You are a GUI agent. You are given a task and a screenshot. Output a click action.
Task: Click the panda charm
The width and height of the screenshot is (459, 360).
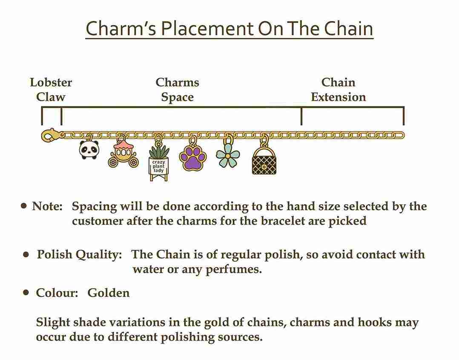coord(89,149)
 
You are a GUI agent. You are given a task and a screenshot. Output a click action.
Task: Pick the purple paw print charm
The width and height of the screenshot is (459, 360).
coord(193,158)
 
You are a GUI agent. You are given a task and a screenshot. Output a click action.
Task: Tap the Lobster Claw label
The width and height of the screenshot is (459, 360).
coord(51,89)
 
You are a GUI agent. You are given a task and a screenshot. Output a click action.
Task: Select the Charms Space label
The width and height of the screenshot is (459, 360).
coord(178,89)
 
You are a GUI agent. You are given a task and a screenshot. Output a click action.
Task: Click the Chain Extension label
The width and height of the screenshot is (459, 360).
coord(339,89)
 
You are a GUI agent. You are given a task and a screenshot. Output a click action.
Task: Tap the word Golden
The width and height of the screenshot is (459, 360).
coord(108,293)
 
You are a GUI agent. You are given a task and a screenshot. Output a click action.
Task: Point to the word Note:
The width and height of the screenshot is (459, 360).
coord(47,206)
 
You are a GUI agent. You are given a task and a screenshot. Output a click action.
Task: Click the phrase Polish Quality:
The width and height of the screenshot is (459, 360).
coord(79,255)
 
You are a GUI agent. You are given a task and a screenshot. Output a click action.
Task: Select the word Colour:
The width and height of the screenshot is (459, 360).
coord(57,293)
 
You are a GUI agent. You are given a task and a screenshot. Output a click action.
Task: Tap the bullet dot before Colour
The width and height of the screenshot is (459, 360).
coord(26,292)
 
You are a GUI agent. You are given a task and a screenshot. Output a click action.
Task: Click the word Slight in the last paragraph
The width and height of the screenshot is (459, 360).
coord(53,322)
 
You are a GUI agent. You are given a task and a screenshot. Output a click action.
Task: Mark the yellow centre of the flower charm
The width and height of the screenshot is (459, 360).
coord(228,156)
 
